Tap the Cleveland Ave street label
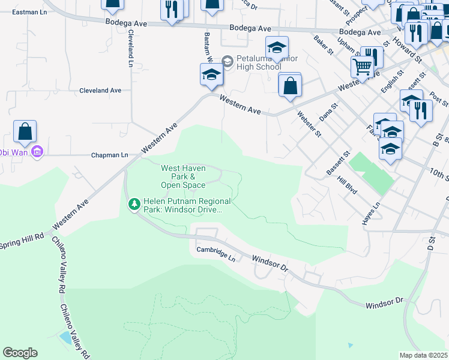click(x=100, y=91)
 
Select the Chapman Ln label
click(x=109, y=155)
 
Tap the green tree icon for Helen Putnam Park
click(x=134, y=205)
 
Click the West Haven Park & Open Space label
click(x=183, y=177)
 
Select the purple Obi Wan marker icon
click(x=37, y=152)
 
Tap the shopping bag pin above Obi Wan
click(x=25, y=131)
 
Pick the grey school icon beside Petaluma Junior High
click(x=227, y=61)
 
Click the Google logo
click(x=20, y=353)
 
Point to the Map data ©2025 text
click(x=423, y=355)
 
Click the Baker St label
click(x=323, y=45)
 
